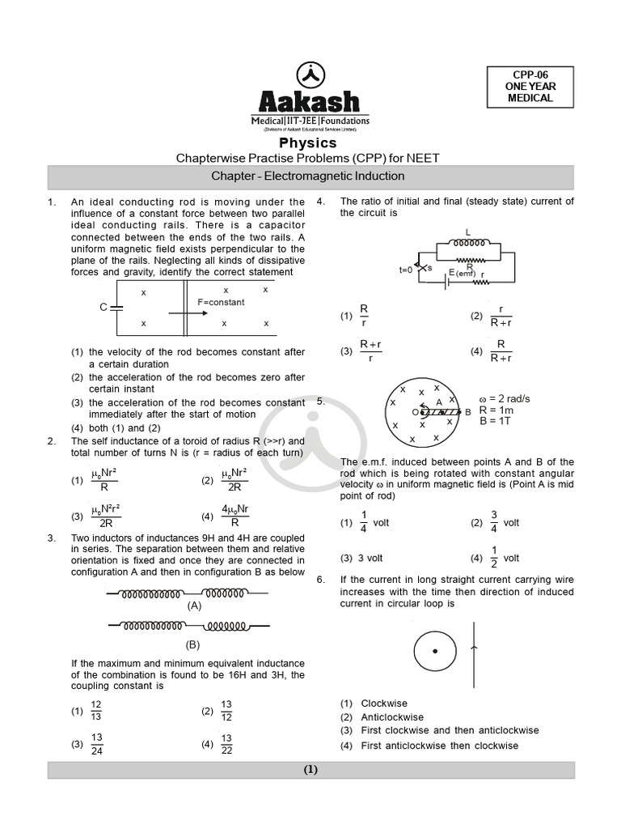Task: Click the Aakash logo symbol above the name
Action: pyautogui.click(x=310, y=75)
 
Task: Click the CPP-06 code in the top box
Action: pyautogui.click(x=530, y=74)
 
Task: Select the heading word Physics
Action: pyautogui.click(x=310, y=142)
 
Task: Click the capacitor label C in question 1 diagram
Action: pyautogui.click(x=103, y=307)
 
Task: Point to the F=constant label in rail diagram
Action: pyautogui.click(x=221, y=302)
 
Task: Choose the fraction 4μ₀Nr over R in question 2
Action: pyautogui.click(x=234, y=516)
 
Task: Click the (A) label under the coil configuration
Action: pyautogui.click(x=194, y=605)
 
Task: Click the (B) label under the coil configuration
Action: pyautogui.click(x=192, y=644)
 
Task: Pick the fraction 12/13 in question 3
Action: pyautogui.click(x=96, y=712)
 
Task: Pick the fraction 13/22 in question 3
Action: pyautogui.click(x=226, y=744)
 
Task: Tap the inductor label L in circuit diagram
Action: pyautogui.click(x=468, y=232)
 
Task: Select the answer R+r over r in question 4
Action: pyautogui.click(x=370, y=351)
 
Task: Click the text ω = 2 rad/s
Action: pyautogui.click(x=505, y=399)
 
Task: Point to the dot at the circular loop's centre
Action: pyautogui.click(x=435, y=651)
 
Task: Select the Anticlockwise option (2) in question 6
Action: pyautogui.click(x=391, y=717)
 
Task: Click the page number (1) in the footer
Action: pyautogui.click(x=310, y=770)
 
